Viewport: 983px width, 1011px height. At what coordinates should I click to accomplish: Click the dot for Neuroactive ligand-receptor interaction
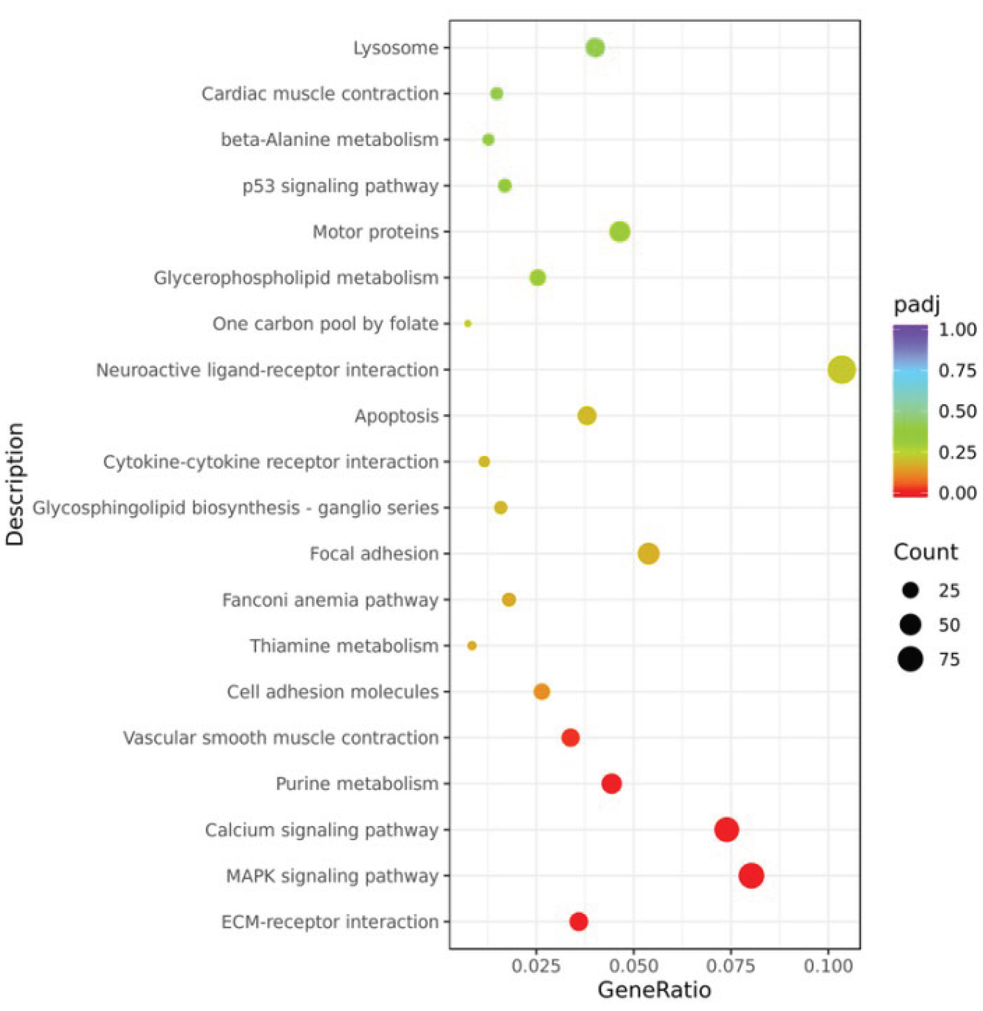[841, 370]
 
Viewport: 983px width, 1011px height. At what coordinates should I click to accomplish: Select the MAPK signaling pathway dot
[751, 876]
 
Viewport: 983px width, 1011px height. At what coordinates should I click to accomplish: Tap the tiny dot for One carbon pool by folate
[468, 324]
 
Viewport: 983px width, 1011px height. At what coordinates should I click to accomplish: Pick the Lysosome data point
[595, 48]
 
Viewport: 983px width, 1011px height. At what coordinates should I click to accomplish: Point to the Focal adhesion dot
[649, 554]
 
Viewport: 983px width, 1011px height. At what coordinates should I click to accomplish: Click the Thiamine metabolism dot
[471, 646]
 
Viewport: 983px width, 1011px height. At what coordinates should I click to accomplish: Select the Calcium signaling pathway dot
[726, 830]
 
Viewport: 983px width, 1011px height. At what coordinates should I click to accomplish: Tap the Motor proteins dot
[620, 232]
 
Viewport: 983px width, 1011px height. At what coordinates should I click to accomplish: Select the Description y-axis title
[15, 484]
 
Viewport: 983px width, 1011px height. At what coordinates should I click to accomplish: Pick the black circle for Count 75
[910, 659]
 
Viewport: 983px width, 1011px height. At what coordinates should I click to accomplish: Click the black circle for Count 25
[911, 590]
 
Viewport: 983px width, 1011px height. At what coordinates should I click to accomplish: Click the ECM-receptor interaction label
[330, 922]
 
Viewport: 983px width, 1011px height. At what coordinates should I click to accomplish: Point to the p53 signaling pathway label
[340, 186]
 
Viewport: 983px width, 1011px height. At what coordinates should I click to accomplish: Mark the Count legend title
[925, 552]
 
